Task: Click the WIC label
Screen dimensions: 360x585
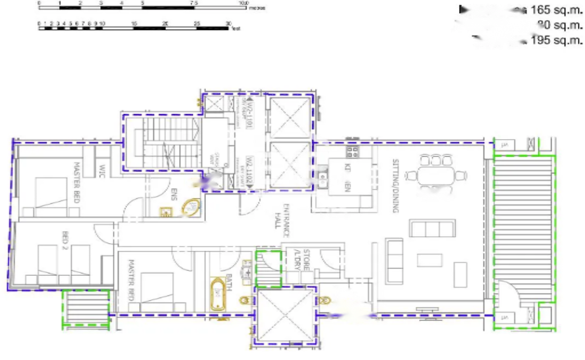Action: pyautogui.click(x=102, y=167)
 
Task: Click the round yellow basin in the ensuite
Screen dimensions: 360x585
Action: pyautogui.click(x=190, y=208)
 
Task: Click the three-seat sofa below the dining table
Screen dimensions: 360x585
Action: pyautogui.click(x=432, y=228)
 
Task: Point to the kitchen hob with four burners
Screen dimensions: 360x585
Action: pyautogui.click(x=351, y=152)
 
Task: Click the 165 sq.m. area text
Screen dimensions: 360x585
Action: pyautogui.click(x=557, y=9)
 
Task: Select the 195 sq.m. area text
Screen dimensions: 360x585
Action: pyautogui.click(x=557, y=40)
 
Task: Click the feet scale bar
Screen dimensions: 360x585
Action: pyautogui.click(x=134, y=27)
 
